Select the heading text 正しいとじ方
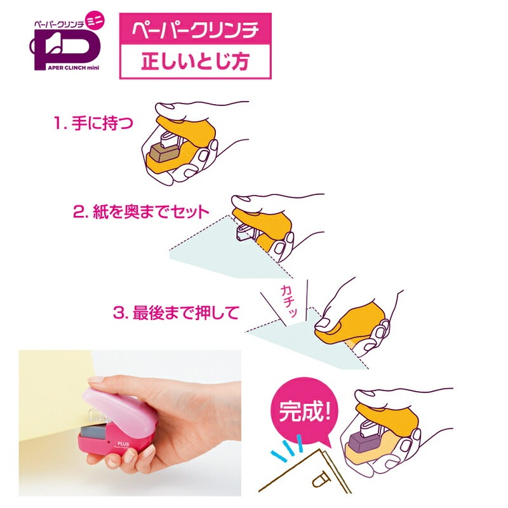pos(195,62)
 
